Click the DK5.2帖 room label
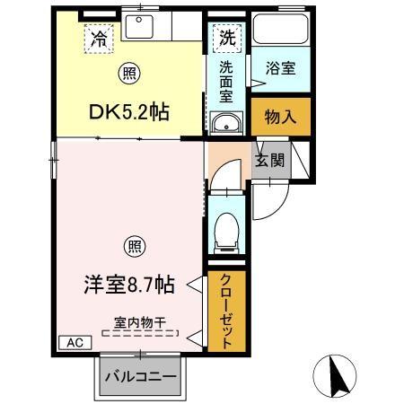127,112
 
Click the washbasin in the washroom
226,123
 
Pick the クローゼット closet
225,310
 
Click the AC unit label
75,342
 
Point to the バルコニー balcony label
140,374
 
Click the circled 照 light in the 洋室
131,245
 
